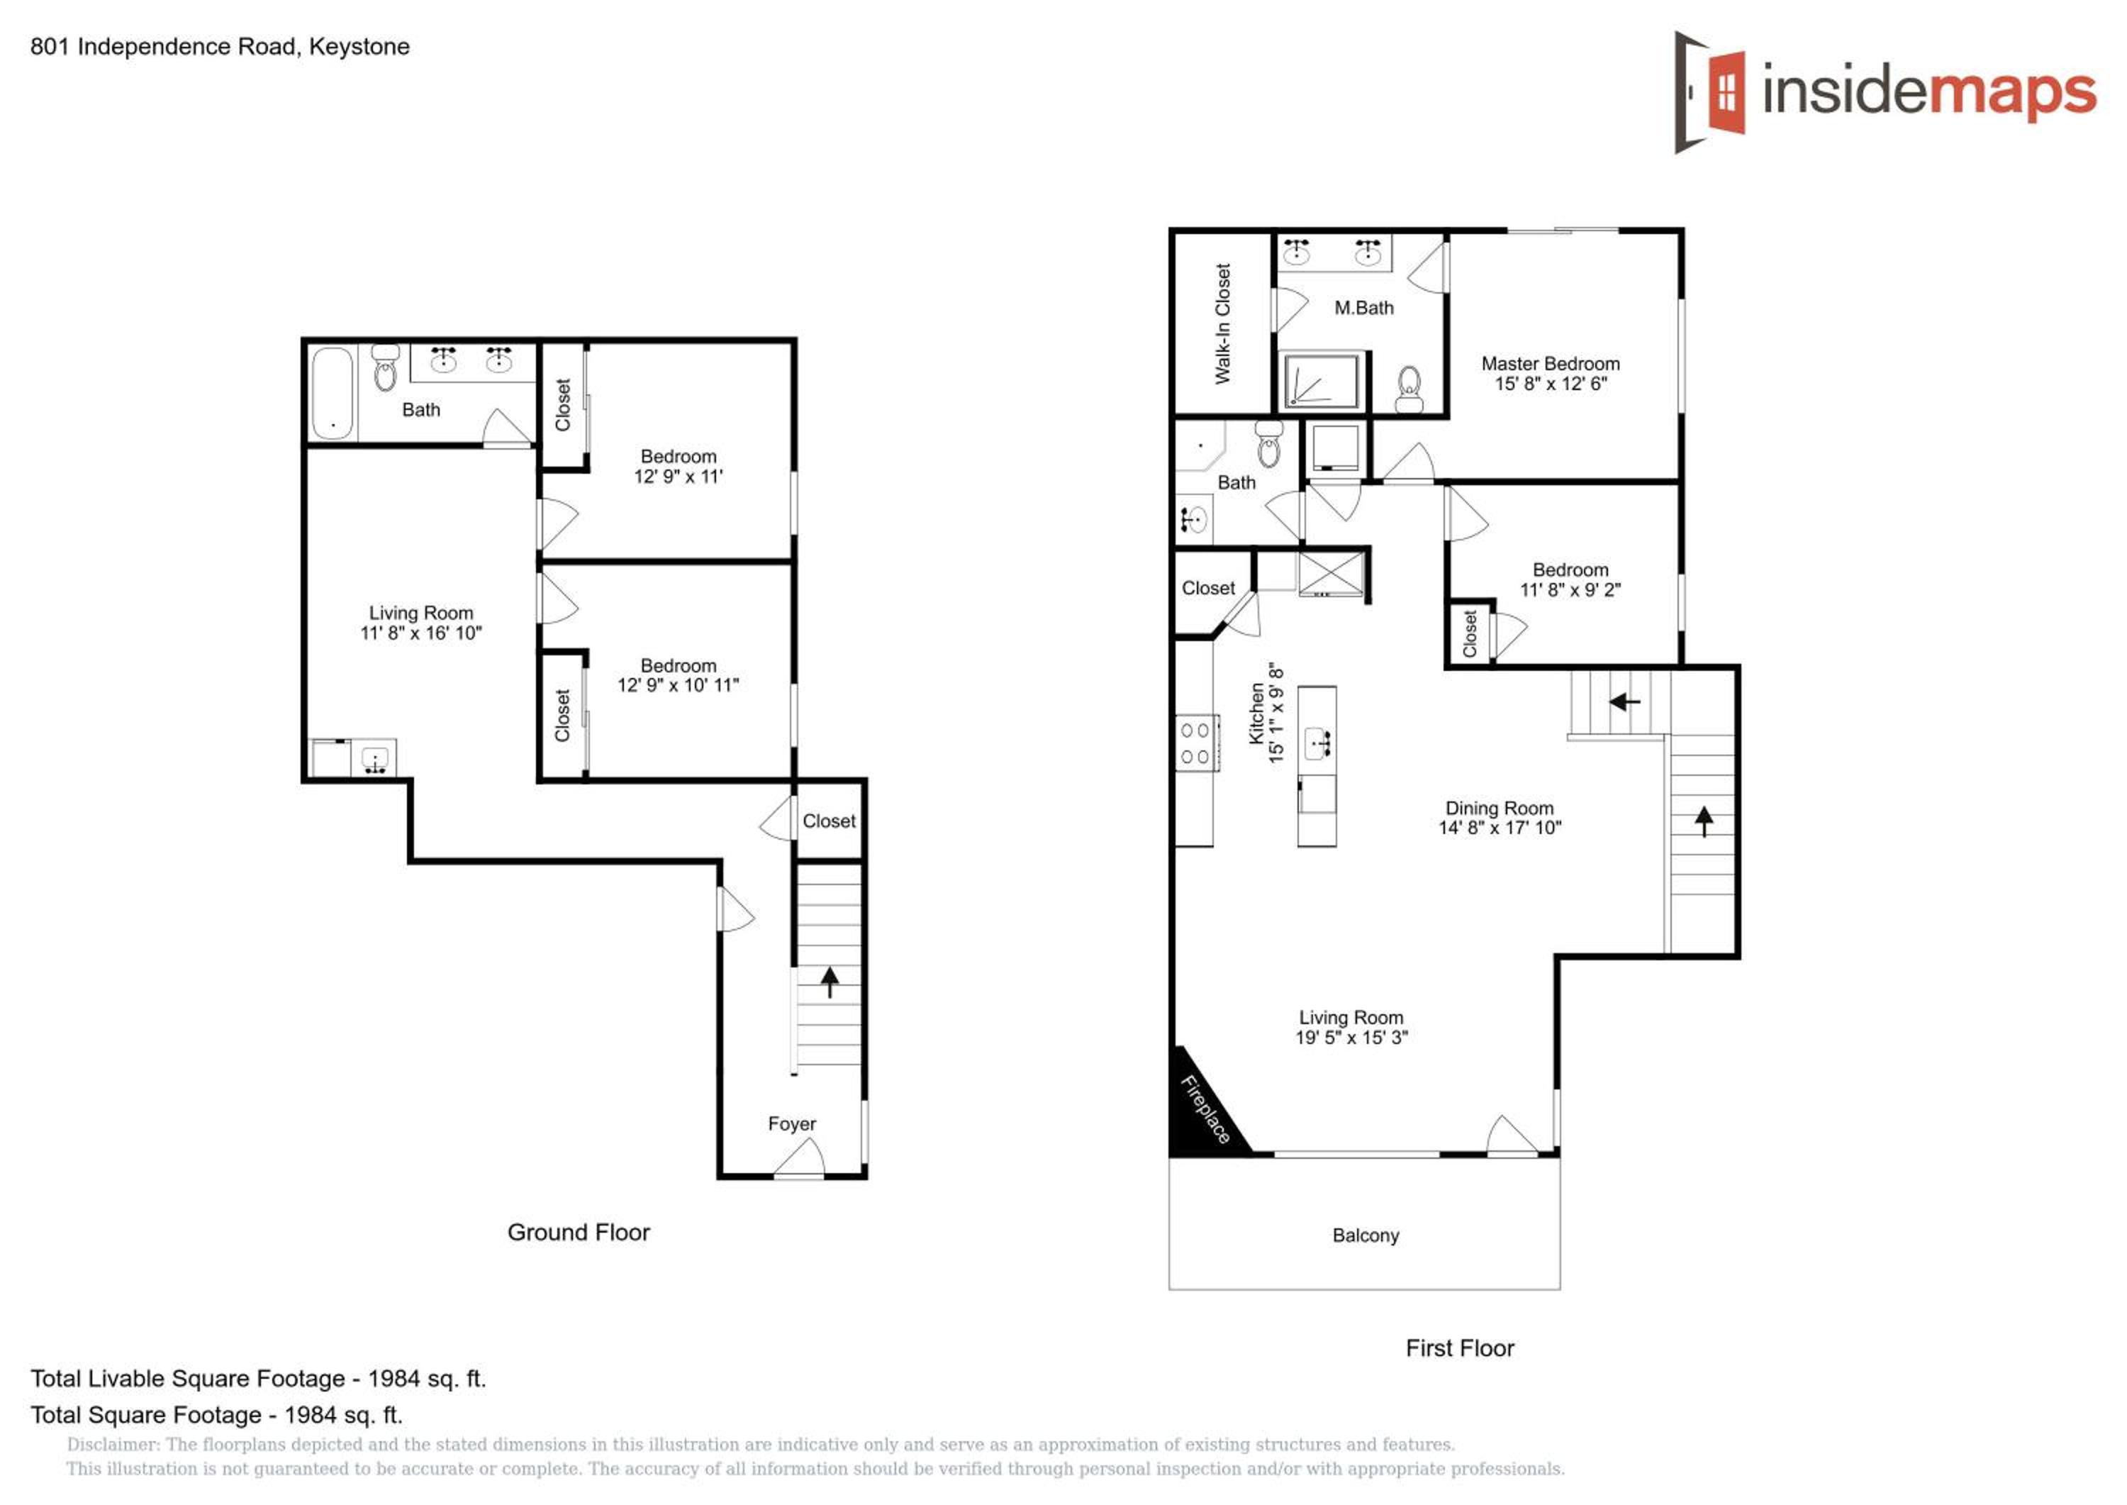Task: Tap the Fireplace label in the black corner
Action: (x=1205, y=1109)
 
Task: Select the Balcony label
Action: (x=1366, y=1235)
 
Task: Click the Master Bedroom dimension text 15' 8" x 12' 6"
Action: (x=1551, y=384)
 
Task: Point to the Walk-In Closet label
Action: (x=1223, y=323)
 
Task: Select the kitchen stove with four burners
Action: (x=1196, y=743)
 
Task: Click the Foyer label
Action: (x=792, y=1123)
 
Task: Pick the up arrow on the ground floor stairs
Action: (x=829, y=982)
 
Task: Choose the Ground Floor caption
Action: (x=579, y=1233)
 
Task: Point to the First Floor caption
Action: (x=1460, y=1348)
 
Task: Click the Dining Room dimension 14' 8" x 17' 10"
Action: (x=1500, y=828)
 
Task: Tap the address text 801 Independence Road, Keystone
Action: (x=220, y=46)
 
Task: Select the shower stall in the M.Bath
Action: (x=1322, y=380)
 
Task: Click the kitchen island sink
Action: (x=1317, y=743)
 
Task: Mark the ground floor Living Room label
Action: (x=422, y=613)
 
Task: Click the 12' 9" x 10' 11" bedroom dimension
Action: (x=678, y=685)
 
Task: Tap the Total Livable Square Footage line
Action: (x=259, y=1379)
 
